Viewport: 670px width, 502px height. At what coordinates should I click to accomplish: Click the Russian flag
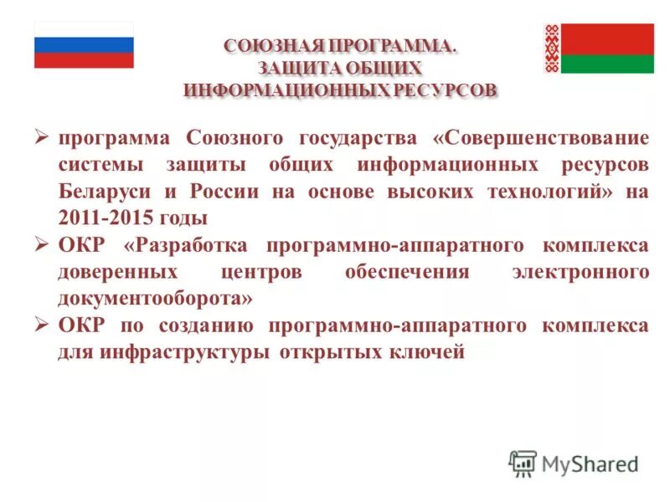point(84,45)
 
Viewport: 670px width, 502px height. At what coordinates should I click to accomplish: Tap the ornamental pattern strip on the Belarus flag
point(552,49)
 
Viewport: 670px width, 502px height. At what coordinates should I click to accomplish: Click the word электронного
point(580,272)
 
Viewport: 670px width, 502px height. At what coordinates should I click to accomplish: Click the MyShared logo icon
point(523,463)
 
